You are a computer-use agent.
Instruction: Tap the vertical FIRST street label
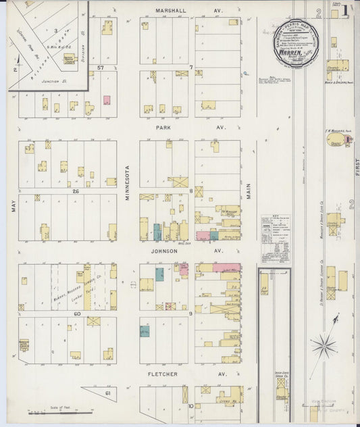click(355, 166)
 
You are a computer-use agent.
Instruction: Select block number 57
click(100, 68)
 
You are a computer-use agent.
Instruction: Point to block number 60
click(77, 313)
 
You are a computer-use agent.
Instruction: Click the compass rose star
click(323, 346)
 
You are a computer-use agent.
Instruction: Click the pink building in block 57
click(107, 100)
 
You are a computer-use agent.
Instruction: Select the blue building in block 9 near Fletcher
click(145, 331)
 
